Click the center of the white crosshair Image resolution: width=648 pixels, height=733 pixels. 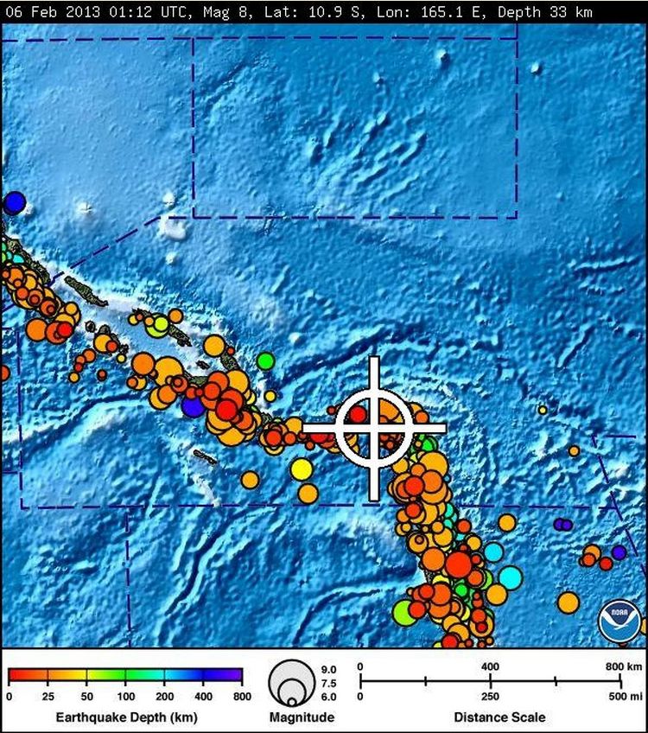click(x=374, y=427)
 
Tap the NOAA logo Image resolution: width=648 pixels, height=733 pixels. click(x=620, y=621)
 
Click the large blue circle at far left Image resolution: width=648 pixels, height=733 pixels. click(x=14, y=203)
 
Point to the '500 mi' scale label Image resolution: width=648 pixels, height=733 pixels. click(x=621, y=696)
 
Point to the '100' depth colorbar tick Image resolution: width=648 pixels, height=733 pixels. click(x=125, y=696)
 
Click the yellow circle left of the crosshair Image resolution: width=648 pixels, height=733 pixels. click(x=301, y=468)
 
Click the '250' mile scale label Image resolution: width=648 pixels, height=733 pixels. click(x=490, y=696)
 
